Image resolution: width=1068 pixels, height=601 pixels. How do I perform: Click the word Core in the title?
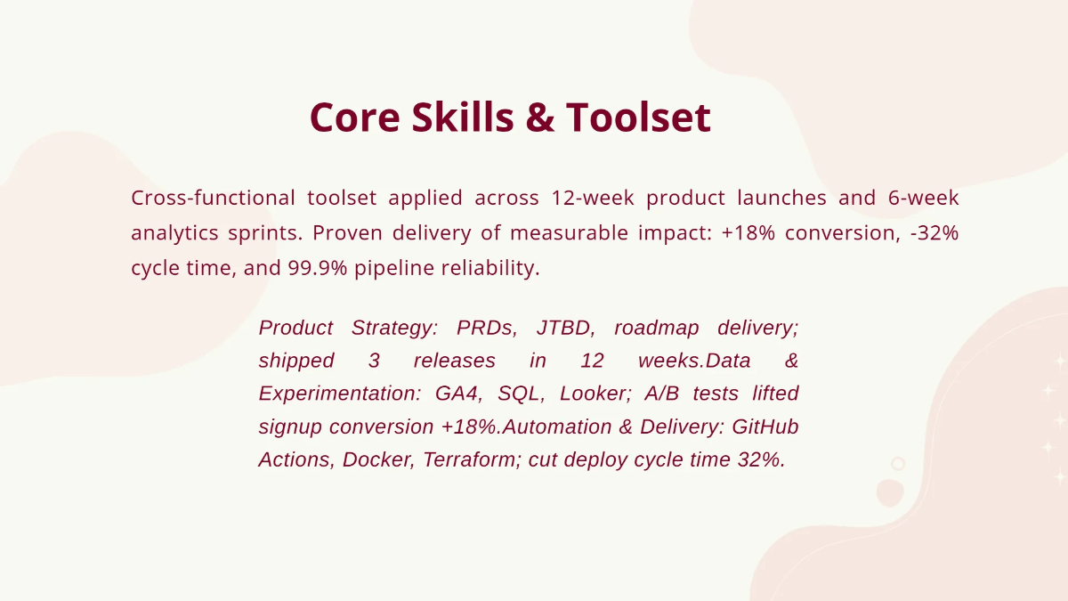(355, 118)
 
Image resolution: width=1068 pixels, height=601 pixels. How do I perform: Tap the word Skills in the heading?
(463, 117)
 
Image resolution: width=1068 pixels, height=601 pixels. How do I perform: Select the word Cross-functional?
(213, 198)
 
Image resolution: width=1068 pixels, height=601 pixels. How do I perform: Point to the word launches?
(782, 198)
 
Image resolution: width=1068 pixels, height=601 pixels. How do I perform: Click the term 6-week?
(924, 198)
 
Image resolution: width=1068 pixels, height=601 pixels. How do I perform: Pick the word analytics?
(174, 233)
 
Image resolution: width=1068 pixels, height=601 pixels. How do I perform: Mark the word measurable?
(570, 232)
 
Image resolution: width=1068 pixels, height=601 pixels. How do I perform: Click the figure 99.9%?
(318, 268)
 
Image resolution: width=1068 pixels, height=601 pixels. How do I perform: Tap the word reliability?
(490, 268)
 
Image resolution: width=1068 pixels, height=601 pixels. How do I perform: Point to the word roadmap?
(657, 329)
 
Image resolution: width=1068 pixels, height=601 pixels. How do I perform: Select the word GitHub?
(765, 426)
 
